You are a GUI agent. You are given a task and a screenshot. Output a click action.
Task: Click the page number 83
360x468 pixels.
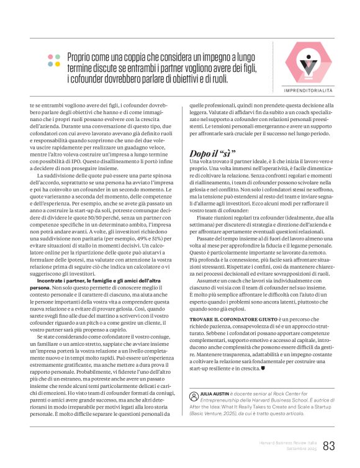(x=329, y=446)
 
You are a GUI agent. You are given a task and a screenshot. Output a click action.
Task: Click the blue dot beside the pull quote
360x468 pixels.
(x=58, y=63)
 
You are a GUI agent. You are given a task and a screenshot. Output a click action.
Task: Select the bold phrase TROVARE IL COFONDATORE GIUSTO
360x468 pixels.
(x=228, y=318)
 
